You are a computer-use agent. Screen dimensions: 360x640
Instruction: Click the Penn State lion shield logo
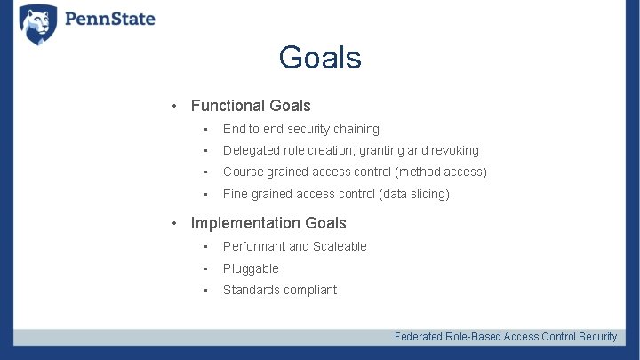[37, 24]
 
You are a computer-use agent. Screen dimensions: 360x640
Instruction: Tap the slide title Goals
[319, 58]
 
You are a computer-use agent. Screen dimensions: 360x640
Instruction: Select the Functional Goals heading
[251, 106]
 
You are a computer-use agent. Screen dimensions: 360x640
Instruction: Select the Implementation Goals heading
[268, 223]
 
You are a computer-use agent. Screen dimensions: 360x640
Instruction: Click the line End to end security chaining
[300, 129]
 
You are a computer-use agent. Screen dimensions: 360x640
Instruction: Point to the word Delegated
[252, 150]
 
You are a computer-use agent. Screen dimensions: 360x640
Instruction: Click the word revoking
[455, 150]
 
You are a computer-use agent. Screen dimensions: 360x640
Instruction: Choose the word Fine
[236, 194]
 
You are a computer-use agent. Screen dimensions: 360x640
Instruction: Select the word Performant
[253, 246]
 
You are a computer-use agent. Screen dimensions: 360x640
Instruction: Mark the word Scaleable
[340, 246]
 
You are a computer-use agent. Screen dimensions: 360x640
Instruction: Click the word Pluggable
[251, 268]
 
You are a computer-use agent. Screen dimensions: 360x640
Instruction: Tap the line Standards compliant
[280, 290]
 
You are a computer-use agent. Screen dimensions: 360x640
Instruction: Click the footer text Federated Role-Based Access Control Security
[505, 336]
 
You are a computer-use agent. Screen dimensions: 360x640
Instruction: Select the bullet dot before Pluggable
[204, 268]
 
